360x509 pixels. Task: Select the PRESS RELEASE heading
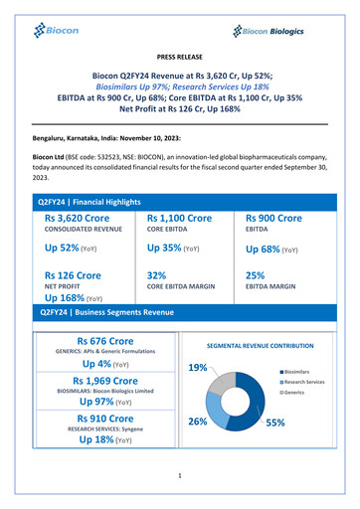click(x=179, y=60)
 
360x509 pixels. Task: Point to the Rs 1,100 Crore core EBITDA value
click(x=179, y=218)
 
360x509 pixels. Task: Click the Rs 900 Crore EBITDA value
click(x=273, y=218)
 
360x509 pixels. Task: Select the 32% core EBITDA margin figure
click(x=156, y=275)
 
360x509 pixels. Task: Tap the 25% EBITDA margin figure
click(x=255, y=275)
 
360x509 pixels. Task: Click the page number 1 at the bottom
click(x=180, y=476)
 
